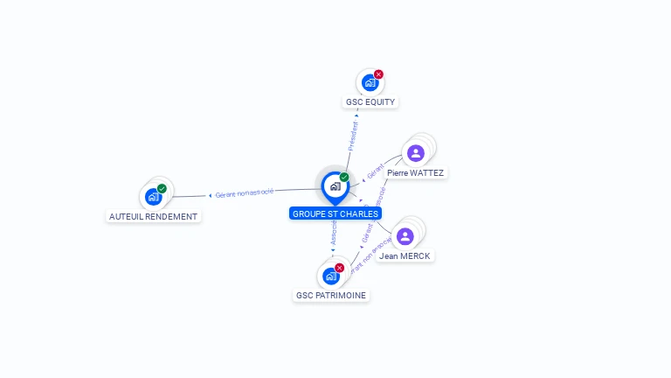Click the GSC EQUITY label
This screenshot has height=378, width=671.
click(x=370, y=101)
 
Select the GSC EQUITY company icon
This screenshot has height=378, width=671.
click(x=370, y=83)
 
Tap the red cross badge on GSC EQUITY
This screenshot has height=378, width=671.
click(x=378, y=74)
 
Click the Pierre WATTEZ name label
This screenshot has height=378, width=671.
click(x=415, y=173)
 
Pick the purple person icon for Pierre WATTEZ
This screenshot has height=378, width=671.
click(x=416, y=153)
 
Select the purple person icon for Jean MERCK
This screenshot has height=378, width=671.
click(x=405, y=236)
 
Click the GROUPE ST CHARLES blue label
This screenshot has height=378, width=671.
click(x=335, y=213)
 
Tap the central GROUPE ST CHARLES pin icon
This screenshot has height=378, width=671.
click(x=335, y=186)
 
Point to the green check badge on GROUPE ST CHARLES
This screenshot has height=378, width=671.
click(x=344, y=177)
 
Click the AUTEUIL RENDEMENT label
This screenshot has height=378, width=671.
click(x=154, y=216)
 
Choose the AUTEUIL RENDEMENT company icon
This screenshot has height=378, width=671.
click(x=154, y=197)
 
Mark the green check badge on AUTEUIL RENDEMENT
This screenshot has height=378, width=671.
click(x=163, y=188)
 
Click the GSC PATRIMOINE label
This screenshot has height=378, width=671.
click(x=331, y=296)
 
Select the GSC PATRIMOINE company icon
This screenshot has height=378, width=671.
click(x=330, y=276)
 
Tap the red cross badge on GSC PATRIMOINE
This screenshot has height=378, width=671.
click(x=340, y=268)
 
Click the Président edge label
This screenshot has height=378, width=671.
click(x=354, y=136)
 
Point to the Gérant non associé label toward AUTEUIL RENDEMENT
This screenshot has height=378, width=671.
click(x=245, y=192)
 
